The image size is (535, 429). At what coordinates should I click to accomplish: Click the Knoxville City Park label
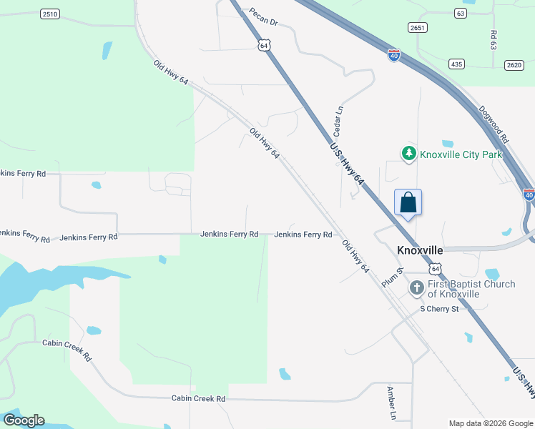(x=461, y=154)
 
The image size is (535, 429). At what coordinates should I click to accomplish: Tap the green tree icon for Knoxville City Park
(x=408, y=153)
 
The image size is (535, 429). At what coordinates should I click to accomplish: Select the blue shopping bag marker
(x=408, y=202)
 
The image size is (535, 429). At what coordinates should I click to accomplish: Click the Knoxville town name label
(x=420, y=251)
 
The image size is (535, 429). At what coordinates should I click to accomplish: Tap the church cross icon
(x=417, y=288)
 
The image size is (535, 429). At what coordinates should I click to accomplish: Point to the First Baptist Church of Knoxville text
(x=471, y=289)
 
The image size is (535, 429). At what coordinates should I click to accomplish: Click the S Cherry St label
(x=438, y=309)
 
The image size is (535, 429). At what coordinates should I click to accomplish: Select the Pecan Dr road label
(x=263, y=17)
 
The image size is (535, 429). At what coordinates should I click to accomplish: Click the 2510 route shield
(x=50, y=14)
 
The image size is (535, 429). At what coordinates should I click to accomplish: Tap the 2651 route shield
(x=418, y=28)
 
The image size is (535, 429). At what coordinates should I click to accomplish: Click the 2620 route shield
(x=514, y=64)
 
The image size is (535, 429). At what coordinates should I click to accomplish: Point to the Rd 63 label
(x=494, y=39)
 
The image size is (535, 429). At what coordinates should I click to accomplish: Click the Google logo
(x=24, y=420)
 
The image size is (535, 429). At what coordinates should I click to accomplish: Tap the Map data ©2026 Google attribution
(x=490, y=423)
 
